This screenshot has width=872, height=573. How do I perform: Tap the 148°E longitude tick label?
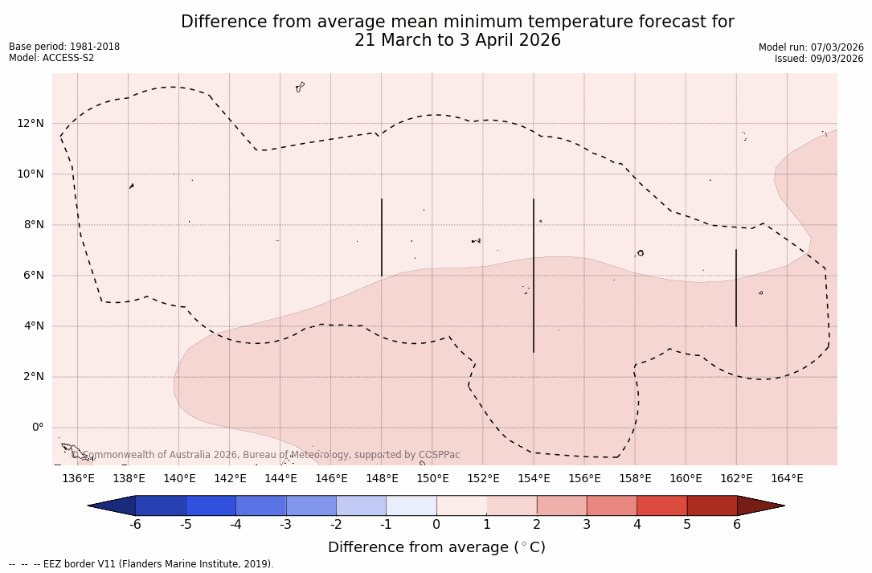(382, 479)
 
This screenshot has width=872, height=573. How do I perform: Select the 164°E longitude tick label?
(787, 479)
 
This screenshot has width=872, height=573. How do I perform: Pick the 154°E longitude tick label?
(534, 479)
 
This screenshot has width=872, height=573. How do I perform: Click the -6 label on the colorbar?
(135, 525)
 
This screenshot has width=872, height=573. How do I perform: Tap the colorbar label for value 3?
(587, 525)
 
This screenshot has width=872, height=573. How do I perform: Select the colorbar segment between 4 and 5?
(661, 505)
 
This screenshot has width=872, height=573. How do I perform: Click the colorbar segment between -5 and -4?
(211, 505)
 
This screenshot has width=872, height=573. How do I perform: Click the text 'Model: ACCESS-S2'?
(51, 58)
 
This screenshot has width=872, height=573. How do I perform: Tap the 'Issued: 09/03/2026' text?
(819, 59)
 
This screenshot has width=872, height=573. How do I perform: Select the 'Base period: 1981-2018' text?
(64, 47)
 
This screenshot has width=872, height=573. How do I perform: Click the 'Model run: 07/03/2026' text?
(811, 47)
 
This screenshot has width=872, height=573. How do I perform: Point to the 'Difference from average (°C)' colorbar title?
(436, 547)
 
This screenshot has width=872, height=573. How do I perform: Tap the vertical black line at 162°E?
(736, 288)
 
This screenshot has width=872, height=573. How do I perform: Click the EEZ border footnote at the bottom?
(141, 564)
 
